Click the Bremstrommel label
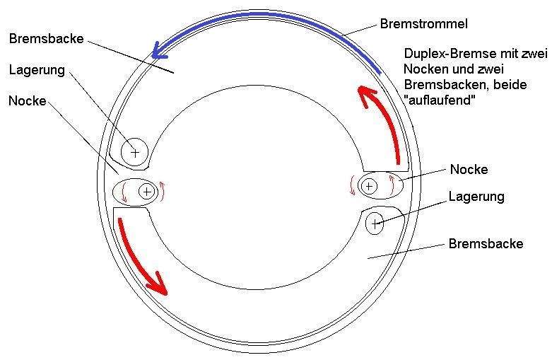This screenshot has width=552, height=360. tap(423, 24)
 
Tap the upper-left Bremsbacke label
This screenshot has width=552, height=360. tap(47, 38)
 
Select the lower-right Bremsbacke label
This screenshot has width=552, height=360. tap(486, 244)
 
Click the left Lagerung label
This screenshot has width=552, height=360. tap(37, 70)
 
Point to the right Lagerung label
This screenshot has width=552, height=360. tap(476, 197)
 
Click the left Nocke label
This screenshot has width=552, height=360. tap(28, 100)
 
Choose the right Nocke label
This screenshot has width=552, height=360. tap(469, 170)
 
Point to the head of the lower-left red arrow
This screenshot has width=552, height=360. tap(158, 284)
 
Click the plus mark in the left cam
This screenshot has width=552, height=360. tap(147, 192)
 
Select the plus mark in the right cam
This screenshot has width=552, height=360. tap(369, 185)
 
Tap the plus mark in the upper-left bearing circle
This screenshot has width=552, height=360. tap(135, 153)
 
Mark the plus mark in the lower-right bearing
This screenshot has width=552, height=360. tap(375, 223)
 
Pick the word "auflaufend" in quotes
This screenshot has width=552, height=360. tap(440, 100)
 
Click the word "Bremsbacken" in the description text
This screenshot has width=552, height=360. tap(445, 85)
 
